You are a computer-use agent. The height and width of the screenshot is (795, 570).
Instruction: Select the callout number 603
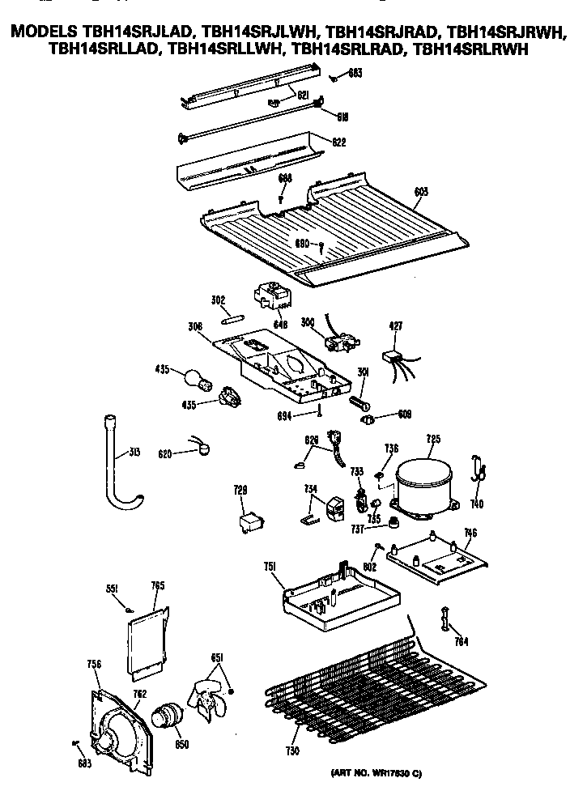421,192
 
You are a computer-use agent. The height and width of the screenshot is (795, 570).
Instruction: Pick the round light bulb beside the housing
194,377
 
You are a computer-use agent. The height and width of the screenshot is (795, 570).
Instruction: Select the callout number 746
469,533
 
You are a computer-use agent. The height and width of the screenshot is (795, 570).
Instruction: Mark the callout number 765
159,585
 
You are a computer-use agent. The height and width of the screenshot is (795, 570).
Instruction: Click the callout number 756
93,665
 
